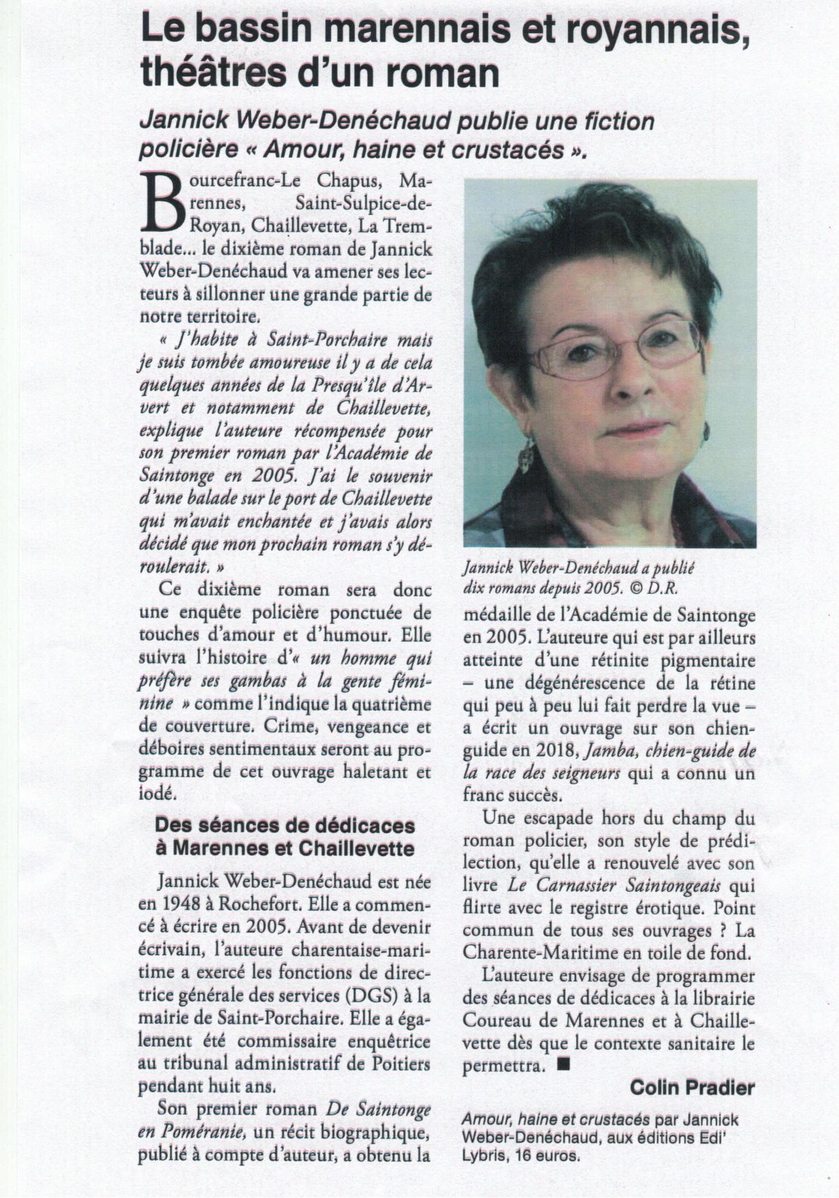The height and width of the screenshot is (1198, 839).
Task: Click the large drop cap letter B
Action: tap(161, 202)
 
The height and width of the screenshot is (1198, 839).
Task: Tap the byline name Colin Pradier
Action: tap(692, 1088)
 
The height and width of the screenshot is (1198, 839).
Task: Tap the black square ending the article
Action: tap(563, 1065)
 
